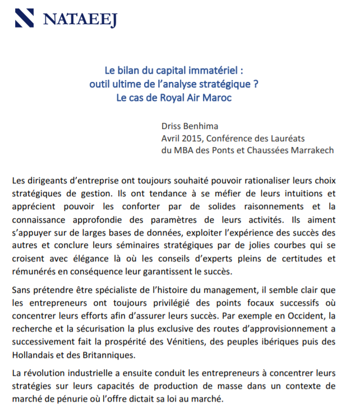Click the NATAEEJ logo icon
[25, 19]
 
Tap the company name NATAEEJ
[80, 20]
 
